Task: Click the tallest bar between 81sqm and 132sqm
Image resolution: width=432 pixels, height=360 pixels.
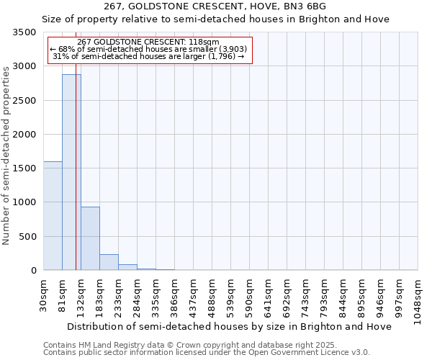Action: (x=71, y=173)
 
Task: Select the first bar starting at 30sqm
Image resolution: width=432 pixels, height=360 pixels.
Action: (x=53, y=216)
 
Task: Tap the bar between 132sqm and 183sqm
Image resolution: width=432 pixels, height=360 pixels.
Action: (x=90, y=238)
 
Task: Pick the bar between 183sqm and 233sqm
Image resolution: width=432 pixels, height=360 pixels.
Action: (x=109, y=262)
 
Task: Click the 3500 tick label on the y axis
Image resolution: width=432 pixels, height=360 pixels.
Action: (x=24, y=33)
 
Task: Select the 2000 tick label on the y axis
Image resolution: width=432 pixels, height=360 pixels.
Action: (x=24, y=135)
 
